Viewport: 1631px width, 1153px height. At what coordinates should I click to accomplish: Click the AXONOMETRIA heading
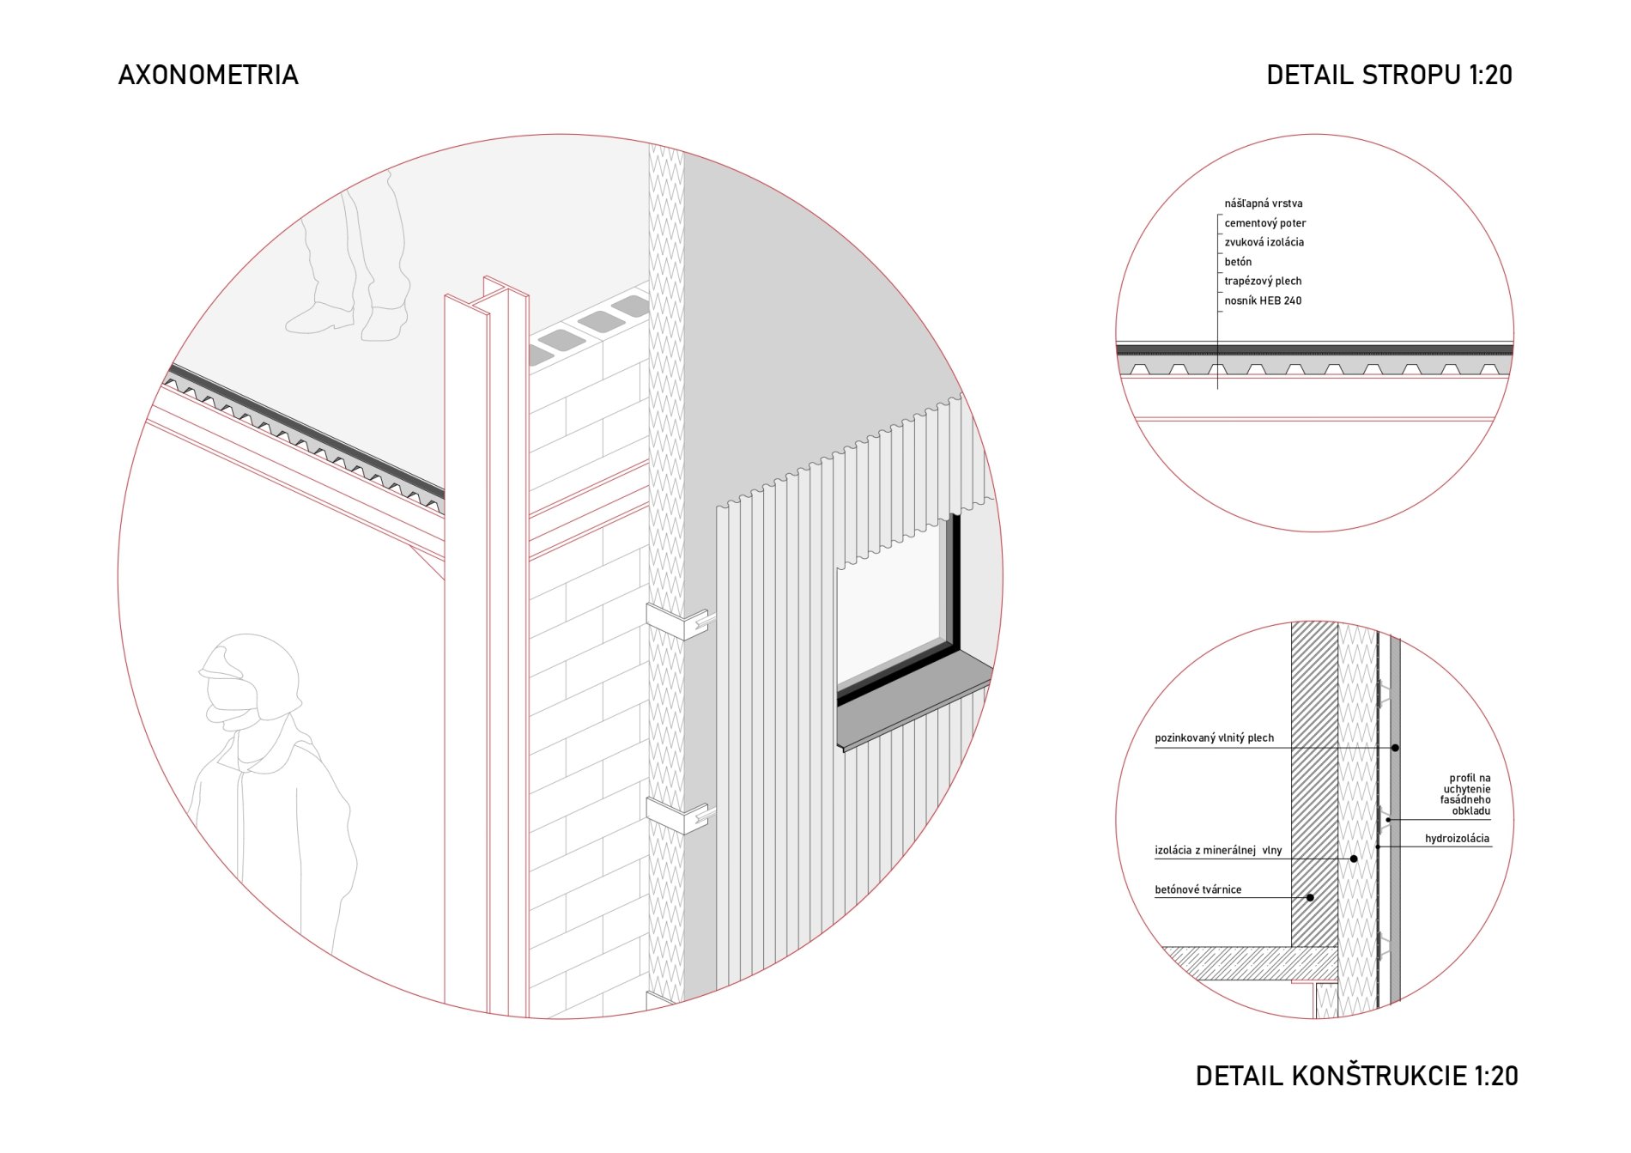point(208,76)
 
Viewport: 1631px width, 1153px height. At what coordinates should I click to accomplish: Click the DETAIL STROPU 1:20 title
point(1389,76)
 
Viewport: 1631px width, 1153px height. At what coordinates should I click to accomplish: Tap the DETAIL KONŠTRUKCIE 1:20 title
point(1356,1075)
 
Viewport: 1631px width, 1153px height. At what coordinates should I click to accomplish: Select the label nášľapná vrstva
point(1263,203)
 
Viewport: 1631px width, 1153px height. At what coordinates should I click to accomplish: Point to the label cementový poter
point(1264,223)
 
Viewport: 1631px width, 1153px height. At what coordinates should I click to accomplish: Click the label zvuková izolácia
point(1264,242)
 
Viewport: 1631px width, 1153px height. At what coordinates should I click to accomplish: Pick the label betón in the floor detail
point(1238,262)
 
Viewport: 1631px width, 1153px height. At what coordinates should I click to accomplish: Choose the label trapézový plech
point(1263,282)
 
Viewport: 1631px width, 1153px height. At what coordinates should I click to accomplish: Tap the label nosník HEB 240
point(1263,300)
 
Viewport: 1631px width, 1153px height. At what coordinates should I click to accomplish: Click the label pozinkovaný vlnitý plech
point(1214,738)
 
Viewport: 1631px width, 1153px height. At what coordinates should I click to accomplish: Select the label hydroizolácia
point(1457,839)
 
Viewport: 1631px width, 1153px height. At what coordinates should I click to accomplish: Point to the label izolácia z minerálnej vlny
point(1218,851)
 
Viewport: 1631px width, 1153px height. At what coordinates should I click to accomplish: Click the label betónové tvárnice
point(1197,890)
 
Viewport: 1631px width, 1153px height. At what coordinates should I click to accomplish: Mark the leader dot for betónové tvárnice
point(1310,898)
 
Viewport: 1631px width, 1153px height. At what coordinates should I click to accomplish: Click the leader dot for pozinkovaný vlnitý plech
point(1395,749)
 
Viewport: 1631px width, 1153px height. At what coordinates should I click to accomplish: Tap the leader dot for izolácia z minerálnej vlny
point(1354,859)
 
